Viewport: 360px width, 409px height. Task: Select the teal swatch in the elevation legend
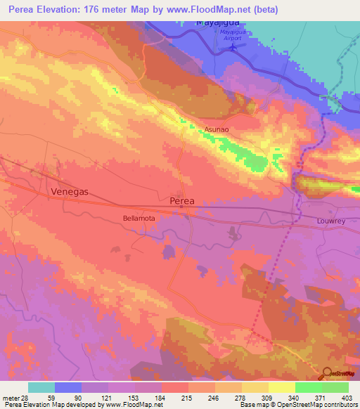[x=41, y=387]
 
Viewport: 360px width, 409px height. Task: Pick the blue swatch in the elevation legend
[x=68, y=387]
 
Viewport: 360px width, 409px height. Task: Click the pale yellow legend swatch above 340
[x=282, y=387]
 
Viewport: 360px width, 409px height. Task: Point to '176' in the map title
[x=105, y=10]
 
